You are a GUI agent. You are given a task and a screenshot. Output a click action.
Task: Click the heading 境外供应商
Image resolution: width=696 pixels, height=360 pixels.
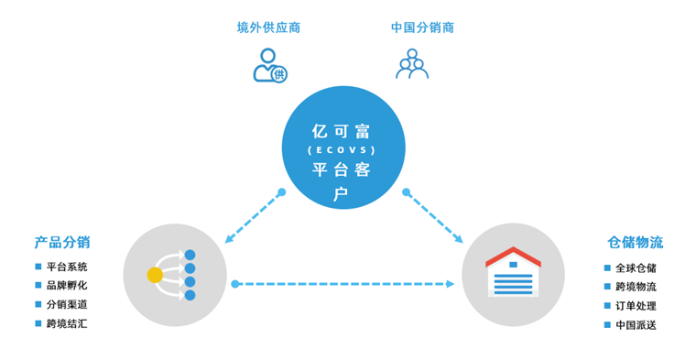(268, 27)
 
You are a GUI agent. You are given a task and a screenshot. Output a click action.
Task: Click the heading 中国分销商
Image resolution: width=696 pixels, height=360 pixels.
(422, 27)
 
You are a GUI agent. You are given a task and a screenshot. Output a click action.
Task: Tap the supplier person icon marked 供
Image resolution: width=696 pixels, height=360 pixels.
(268, 66)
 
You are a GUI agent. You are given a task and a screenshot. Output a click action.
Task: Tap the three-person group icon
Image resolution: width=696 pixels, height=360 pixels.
(412, 64)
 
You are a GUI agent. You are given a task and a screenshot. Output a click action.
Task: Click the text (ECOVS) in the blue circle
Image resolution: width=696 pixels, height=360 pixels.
(343, 149)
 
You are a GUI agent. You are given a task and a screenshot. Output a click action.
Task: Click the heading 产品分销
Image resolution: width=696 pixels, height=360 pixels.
(62, 243)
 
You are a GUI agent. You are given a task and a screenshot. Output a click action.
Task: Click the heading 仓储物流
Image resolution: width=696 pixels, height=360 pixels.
(635, 243)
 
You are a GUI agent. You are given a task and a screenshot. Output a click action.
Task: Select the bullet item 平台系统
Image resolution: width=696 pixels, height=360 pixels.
(67, 267)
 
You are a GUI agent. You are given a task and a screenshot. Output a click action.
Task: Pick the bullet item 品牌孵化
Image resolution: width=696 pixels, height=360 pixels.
(67, 285)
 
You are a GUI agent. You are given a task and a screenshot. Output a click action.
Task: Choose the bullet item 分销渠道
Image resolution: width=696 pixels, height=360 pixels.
(67, 304)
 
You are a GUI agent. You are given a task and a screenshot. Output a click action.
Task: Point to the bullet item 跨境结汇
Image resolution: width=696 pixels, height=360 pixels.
(67, 323)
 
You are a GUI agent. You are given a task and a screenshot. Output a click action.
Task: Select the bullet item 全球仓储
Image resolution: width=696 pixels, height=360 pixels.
(636, 268)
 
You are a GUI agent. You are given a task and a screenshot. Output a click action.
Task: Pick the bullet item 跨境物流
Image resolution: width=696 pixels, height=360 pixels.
(636, 287)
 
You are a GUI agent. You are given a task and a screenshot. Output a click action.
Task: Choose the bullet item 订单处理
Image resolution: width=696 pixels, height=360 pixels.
(636, 306)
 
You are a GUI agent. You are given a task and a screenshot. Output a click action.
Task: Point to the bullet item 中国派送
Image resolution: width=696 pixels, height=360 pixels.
(636, 325)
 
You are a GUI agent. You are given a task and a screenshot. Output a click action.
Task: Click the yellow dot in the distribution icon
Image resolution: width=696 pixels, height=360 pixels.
(155, 275)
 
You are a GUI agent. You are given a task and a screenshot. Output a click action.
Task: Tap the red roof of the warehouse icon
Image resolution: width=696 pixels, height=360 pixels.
(513, 256)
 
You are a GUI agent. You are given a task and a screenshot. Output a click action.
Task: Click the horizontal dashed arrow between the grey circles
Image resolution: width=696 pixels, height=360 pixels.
(343, 284)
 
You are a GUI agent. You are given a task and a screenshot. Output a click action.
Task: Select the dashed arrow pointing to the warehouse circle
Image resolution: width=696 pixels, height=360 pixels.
(434, 217)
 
